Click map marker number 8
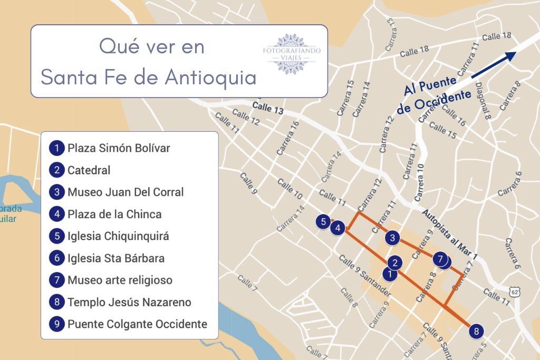(476, 331)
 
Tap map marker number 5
(323, 221)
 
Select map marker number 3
(392, 238)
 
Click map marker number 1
(389, 274)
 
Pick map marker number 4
(337, 228)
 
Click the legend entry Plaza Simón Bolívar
(119, 148)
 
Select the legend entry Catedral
(89, 170)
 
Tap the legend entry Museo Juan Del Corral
(126, 192)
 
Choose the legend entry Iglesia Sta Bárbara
(116, 258)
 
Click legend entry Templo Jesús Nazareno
(129, 302)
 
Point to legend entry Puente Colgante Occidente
(137, 324)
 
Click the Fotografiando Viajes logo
(292, 54)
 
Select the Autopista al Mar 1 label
(450, 234)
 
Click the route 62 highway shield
(515, 291)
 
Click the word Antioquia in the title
(210, 77)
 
